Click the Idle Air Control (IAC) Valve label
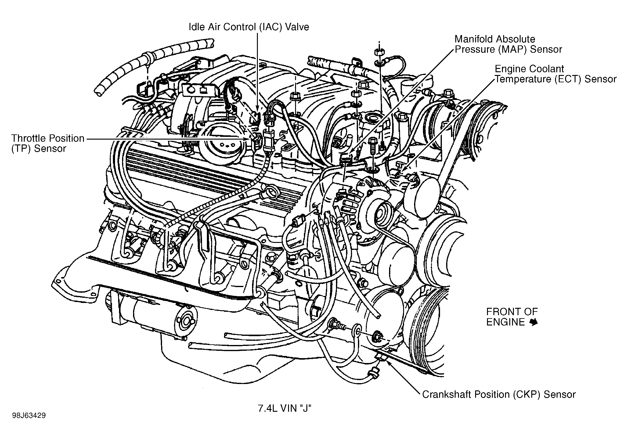point(249,27)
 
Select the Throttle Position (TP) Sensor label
point(48,143)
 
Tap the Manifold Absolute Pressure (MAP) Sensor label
point(508,44)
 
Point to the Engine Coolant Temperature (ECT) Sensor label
point(555,74)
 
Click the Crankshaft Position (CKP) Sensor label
point(499,394)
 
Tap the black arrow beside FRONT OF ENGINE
point(533,322)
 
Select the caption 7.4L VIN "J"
point(284,408)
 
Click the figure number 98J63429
point(29,416)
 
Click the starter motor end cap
point(186,321)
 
